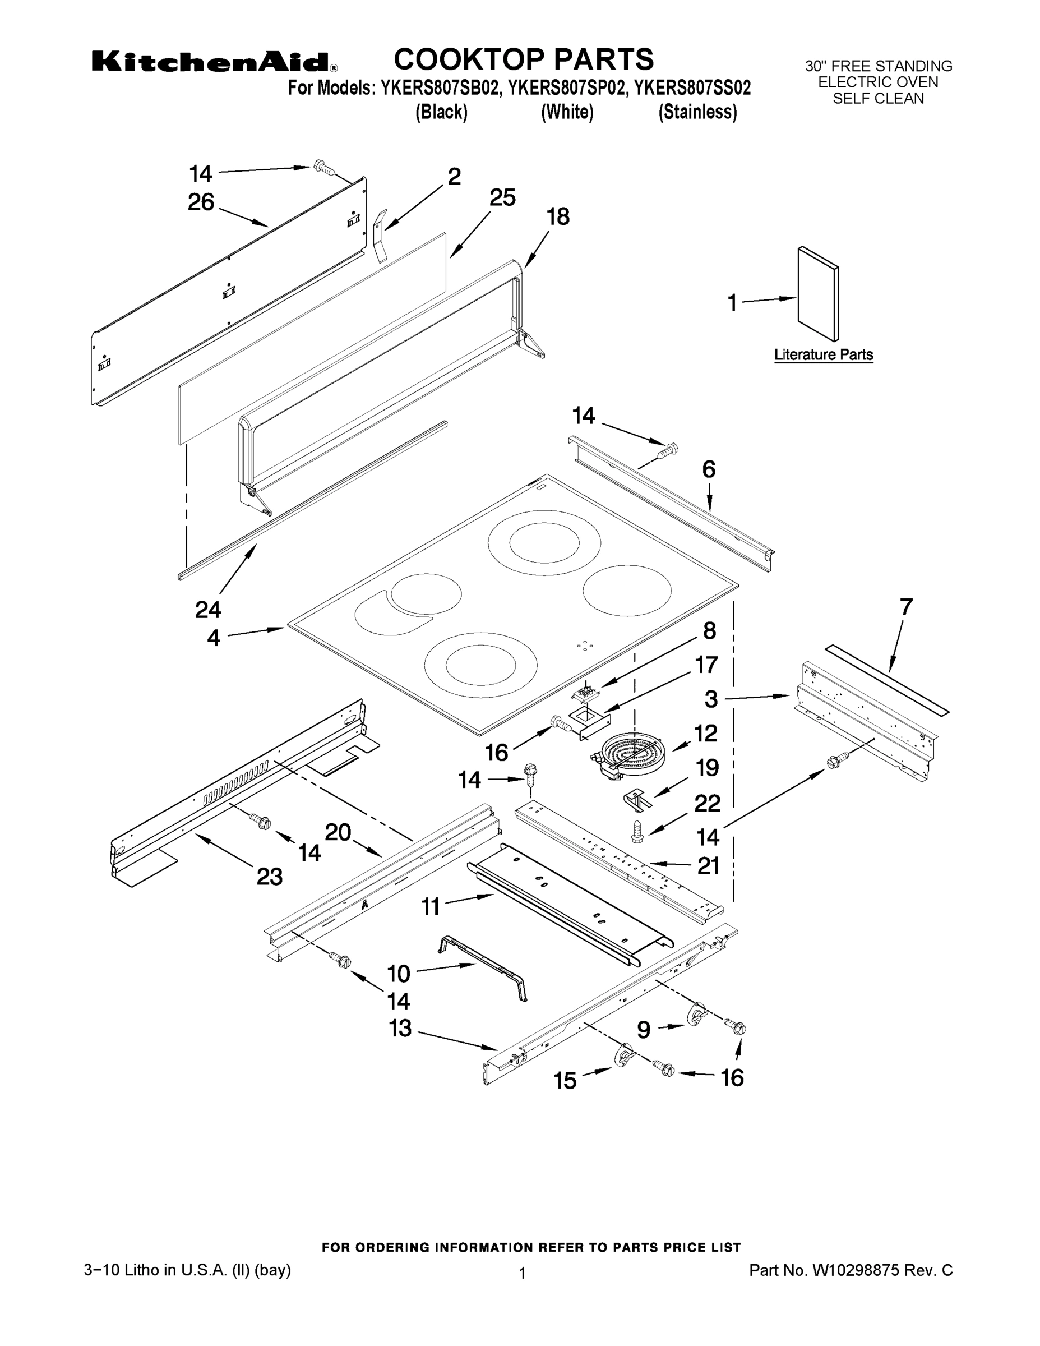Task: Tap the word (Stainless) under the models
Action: [x=697, y=112]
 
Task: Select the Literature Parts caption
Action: [x=823, y=355]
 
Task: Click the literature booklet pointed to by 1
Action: [x=817, y=294]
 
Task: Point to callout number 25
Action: [x=502, y=198]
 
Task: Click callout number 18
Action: [x=558, y=217]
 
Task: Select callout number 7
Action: [x=905, y=607]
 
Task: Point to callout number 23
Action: [x=269, y=877]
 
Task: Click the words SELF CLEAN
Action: [x=878, y=99]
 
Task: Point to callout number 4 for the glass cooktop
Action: [x=213, y=638]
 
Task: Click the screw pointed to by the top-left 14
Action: [x=322, y=166]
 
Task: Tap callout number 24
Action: [x=208, y=610]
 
